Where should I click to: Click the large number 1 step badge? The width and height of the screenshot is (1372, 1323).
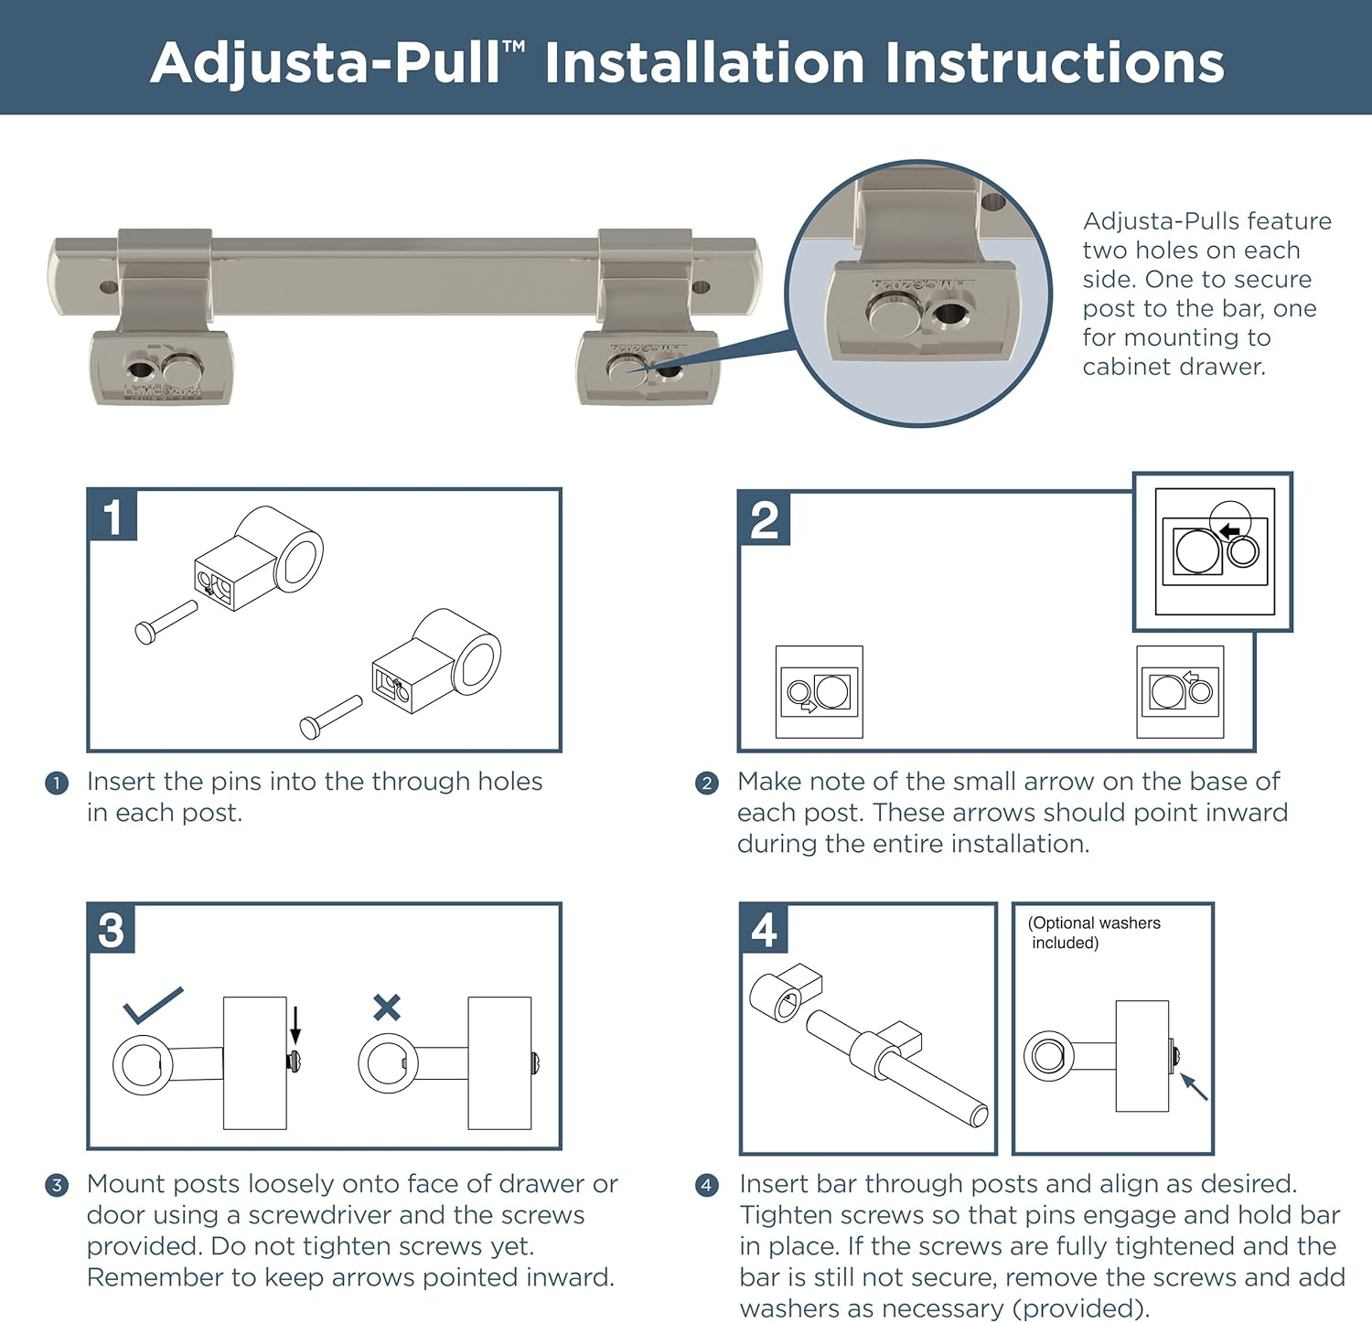coord(113,516)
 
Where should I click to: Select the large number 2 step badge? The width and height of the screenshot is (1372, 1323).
coord(765,519)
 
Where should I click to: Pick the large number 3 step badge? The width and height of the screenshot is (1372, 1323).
coord(112,929)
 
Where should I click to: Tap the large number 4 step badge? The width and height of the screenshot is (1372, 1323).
coord(764,930)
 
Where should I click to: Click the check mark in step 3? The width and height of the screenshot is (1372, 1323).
coord(153,1005)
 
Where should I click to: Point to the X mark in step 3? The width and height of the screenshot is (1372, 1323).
coord(387,1008)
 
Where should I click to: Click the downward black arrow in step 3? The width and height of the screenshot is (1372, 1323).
coord(295,1022)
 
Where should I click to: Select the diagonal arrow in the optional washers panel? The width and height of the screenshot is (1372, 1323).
coord(1194,1086)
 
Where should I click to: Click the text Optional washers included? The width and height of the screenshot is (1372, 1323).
coord(1094,933)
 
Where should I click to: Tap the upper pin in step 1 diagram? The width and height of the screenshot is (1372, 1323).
coord(166,622)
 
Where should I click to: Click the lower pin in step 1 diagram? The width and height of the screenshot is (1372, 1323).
coord(331,717)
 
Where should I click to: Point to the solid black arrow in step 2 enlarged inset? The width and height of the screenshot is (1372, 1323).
coord(1229,531)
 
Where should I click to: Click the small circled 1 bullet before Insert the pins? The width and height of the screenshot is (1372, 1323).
coord(57,784)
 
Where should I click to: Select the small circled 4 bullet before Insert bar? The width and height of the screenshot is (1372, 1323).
coord(707,1186)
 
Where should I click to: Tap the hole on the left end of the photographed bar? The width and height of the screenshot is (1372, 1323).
coord(109,287)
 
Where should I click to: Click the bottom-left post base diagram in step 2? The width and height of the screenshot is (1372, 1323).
coord(820,692)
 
